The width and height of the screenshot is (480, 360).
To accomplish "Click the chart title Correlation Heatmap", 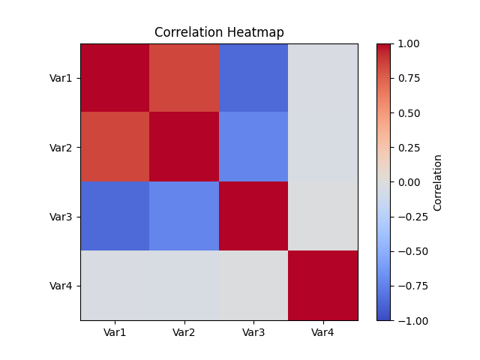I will point(219,32).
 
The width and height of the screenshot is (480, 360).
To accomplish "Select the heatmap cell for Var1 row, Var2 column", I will point(184,78).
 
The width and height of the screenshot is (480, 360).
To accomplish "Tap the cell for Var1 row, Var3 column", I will point(253,78).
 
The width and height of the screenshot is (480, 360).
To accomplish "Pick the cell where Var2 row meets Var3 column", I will point(253,147).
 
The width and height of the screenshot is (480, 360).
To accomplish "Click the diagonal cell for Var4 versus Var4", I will point(323,286).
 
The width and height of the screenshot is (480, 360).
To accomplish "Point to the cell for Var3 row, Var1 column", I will point(115,216).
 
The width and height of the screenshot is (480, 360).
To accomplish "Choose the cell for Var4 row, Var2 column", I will point(184,286).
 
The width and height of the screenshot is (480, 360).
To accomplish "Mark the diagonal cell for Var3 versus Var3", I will point(253,216).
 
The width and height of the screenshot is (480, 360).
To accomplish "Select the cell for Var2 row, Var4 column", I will point(323,147).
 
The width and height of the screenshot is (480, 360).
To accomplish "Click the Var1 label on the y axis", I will point(61,78).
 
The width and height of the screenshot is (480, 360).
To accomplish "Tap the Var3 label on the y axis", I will point(61,217).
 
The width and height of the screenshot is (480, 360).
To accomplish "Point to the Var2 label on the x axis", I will point(184,332).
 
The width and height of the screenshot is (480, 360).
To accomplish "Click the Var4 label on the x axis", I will point(323,332).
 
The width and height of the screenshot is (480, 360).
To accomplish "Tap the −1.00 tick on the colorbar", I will point(411,320).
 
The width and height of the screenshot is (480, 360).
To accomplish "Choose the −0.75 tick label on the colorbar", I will point(411,286).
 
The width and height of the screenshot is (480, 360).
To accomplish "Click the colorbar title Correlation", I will point(438,182).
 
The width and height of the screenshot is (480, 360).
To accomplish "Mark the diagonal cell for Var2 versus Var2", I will point(184,147).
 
